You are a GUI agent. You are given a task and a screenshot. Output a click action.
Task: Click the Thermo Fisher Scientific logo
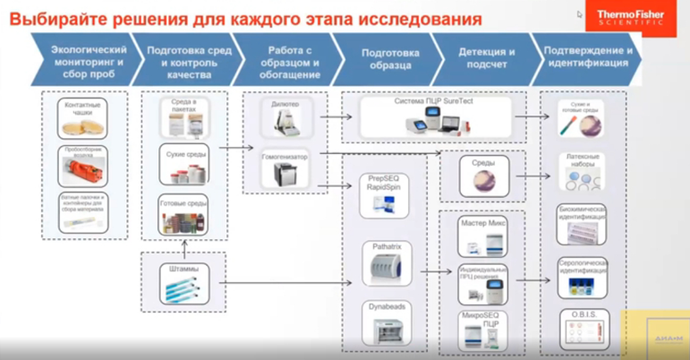[x=631, y=17]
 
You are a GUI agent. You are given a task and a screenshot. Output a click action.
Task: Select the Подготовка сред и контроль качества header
[x=189, y=57]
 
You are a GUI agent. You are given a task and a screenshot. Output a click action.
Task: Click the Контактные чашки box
[x=84, y=119]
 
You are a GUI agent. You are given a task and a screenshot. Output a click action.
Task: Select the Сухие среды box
[x=183, y=164]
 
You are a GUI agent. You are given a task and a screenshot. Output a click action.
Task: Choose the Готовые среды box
[x=183, y=215]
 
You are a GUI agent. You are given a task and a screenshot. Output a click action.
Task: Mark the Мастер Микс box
[x=483, y=236]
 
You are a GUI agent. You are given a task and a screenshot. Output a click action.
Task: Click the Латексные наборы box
[x=584, y=172]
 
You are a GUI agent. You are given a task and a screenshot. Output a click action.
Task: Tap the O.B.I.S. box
[x=584, y=329]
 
